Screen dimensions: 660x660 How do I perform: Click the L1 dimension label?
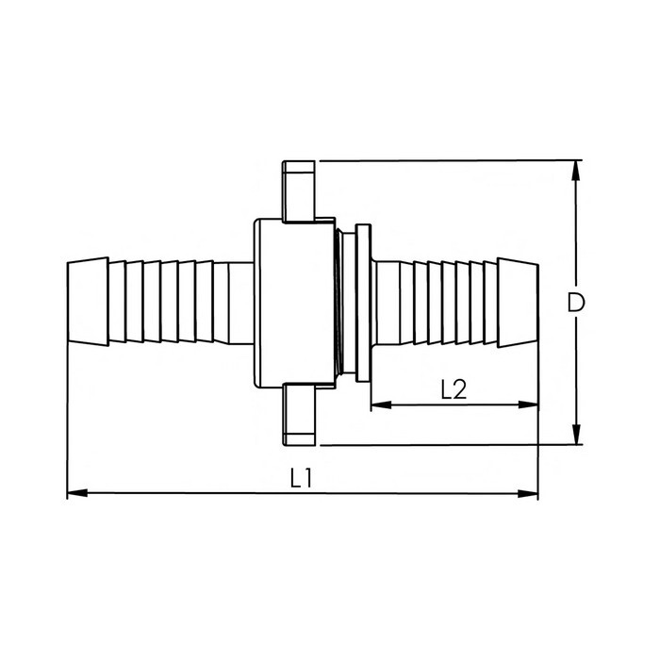301,478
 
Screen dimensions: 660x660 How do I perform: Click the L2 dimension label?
454,388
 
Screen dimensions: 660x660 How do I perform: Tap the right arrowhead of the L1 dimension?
531,492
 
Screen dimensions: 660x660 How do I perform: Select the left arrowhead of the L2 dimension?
377,405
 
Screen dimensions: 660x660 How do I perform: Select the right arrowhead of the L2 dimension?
531,405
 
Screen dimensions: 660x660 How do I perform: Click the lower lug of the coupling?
299,415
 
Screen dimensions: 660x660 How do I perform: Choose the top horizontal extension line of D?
443,160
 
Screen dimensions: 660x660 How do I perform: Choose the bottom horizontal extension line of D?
443,445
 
